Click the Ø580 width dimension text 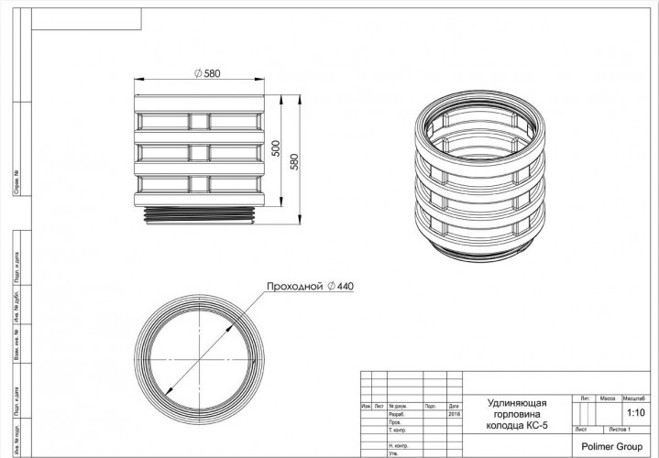point(208,73)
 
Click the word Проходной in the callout point(295,287)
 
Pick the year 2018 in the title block point(455,414)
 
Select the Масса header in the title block point(607,400)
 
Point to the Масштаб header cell point(634,400)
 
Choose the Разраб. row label point(398,414)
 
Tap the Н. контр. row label point(399,445)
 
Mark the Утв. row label point(393,453)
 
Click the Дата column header point(455,406)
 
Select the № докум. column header point(399,406)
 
